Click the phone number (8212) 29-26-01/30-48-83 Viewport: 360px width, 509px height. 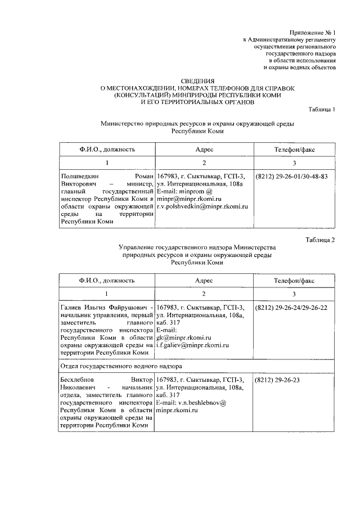(x=291, y=175)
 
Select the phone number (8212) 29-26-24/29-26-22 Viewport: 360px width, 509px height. (x=291, y=308)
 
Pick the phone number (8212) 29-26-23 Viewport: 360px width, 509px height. (x=277, y=380)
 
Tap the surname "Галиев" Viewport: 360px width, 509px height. (x=71, y=308)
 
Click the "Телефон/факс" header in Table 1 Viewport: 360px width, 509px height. (x=294, y=150)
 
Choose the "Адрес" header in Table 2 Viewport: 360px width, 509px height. (x=204, y=280)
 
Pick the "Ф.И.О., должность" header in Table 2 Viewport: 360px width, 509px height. (x=106, y=280)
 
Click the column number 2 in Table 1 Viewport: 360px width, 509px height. (x=204, y=163)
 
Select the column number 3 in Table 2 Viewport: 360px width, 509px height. (x=294, y=294)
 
